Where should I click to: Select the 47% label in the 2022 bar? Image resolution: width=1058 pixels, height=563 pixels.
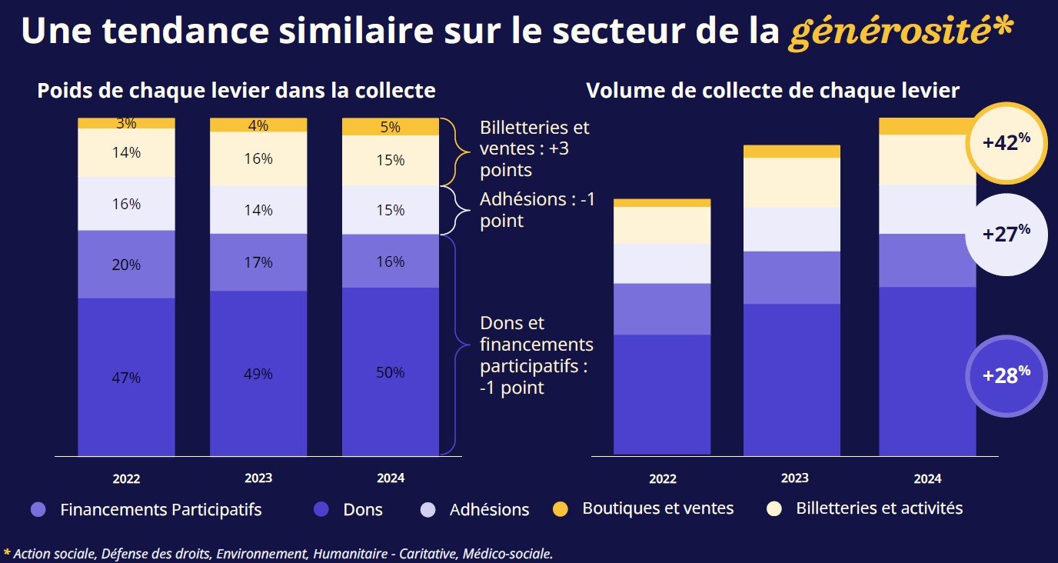[126, 378]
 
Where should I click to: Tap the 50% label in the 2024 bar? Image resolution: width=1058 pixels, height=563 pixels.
[391, 373]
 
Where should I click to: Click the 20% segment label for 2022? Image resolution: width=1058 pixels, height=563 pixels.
[126, 265]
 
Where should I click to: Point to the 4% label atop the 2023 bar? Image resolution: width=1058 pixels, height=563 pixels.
[258, 125]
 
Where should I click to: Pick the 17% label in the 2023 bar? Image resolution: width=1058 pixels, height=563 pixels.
[258, 262]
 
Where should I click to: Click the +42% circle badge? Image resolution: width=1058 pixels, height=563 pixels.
[1006, 143]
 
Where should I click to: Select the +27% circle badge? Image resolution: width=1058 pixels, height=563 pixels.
[1006, 234]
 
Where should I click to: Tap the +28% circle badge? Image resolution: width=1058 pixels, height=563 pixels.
[1006, 375]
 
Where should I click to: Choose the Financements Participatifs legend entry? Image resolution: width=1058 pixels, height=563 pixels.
[146, 509]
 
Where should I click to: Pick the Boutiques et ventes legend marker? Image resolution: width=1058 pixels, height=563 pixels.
[561, 508]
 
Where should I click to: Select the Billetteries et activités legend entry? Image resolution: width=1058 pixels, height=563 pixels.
[865, 508]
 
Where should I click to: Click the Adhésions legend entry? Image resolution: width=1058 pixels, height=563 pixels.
[477, 509]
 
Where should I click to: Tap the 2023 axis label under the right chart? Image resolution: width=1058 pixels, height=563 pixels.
[794, 478]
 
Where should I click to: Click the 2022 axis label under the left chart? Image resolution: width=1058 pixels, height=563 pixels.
[126, 478]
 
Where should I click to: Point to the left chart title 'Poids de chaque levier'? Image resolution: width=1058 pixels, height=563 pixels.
[237, 91]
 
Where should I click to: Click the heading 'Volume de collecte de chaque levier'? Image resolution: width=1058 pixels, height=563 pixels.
[773, 91]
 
